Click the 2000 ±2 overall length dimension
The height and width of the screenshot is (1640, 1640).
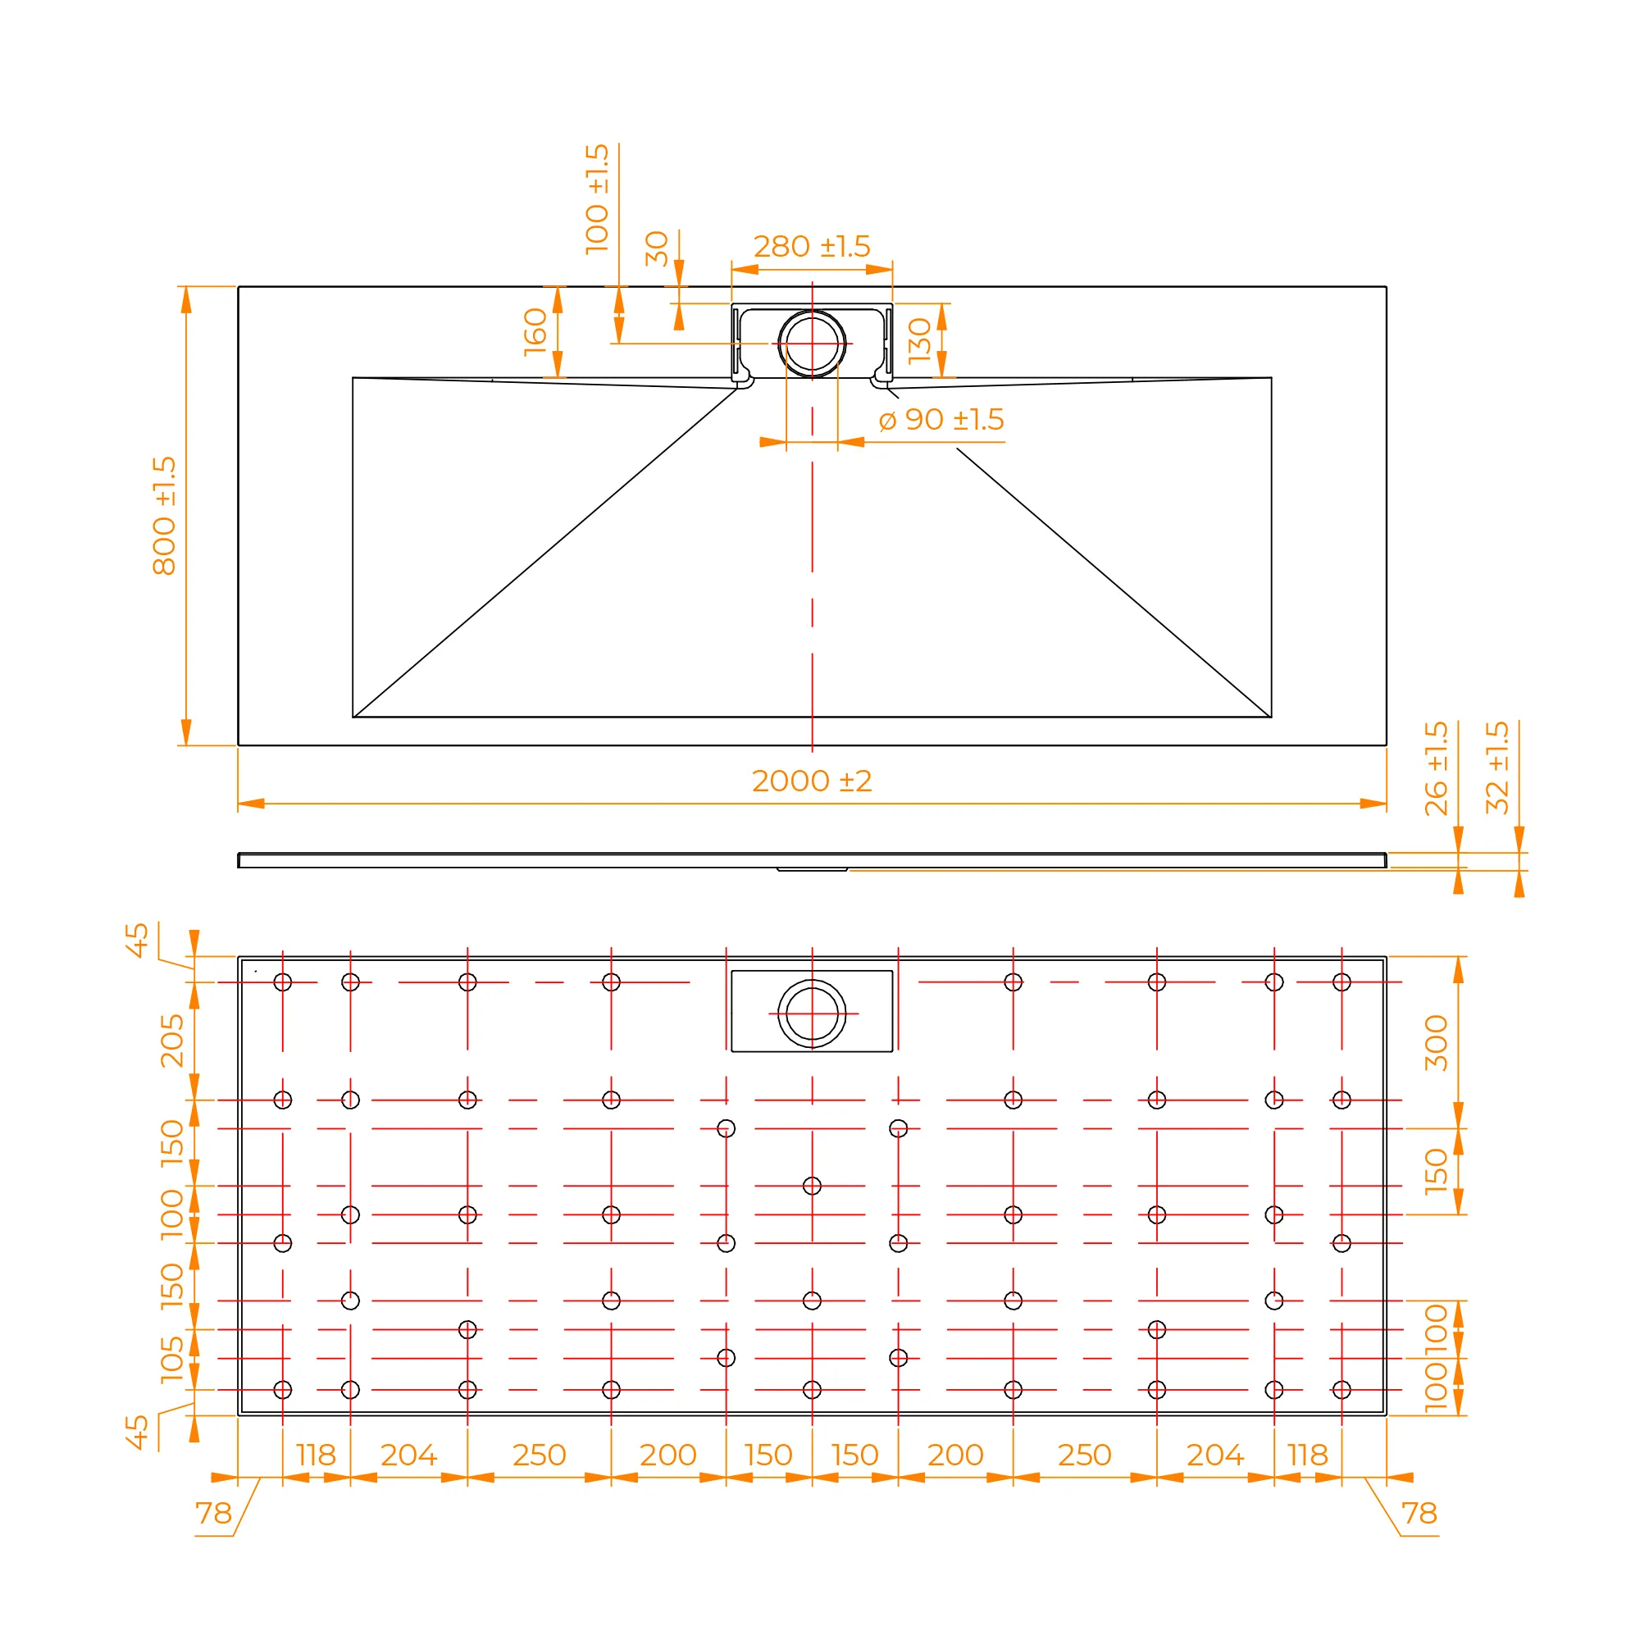812,781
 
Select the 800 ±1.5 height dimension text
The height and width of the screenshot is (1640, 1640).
165,516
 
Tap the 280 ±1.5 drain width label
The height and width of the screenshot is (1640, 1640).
812,246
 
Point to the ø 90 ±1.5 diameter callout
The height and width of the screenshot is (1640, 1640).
941,419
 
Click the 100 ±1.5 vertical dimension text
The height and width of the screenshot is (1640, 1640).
598,199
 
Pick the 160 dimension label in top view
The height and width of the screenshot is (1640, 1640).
535,332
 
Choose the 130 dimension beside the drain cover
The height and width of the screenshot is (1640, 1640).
919,341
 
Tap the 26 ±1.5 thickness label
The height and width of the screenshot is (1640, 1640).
1437,769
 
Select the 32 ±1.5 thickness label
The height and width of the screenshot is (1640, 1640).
1497,768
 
